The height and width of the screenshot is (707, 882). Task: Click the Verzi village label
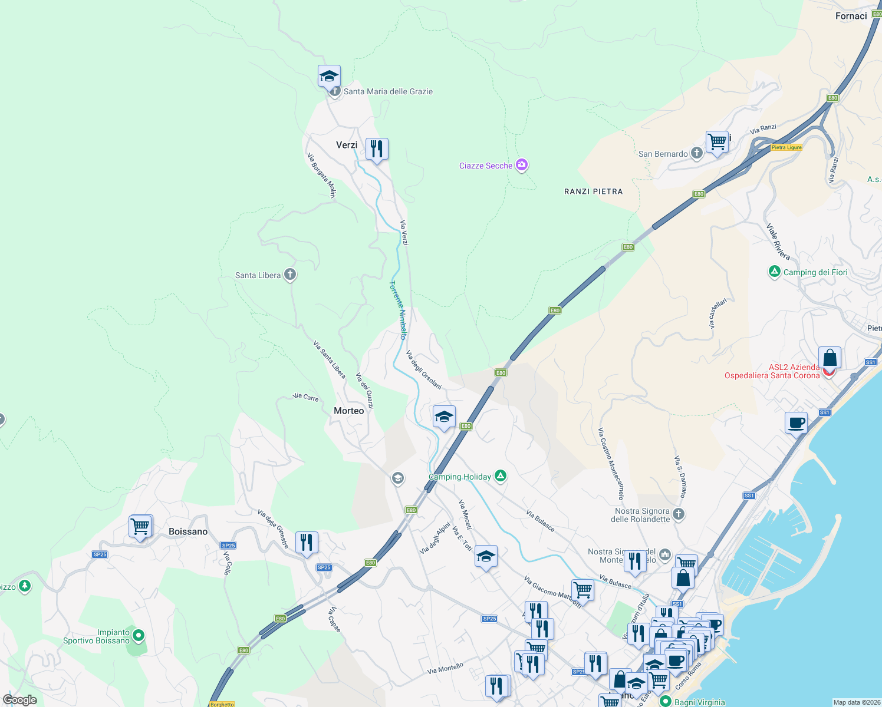point(347,145)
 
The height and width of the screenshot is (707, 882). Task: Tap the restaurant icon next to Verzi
point(377,149)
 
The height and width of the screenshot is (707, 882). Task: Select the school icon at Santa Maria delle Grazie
point(329,77)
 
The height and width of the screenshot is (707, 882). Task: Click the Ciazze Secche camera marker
point(521,165)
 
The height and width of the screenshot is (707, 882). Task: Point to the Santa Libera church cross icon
point(289,275)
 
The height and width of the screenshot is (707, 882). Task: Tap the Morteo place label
point(349,411)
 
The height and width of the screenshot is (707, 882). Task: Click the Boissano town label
point(188,531)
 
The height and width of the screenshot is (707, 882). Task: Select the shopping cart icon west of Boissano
point(140,526)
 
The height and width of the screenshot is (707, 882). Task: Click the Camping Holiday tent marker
point(501,475)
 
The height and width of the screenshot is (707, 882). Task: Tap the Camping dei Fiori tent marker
point(774,272)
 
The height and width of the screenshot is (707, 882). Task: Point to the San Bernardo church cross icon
point(696,153)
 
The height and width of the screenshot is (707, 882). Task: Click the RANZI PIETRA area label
point(593,191)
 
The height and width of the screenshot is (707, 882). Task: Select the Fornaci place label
point(851,16)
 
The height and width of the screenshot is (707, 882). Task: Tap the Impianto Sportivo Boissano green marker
point(139,635)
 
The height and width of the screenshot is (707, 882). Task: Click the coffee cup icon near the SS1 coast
point(796,422)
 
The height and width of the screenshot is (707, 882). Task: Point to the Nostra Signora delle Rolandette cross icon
point(679,514)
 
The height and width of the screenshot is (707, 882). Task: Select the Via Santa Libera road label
point(329,359)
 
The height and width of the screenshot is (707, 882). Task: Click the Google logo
point(20,700)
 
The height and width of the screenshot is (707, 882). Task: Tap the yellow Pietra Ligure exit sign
point(786,147)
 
